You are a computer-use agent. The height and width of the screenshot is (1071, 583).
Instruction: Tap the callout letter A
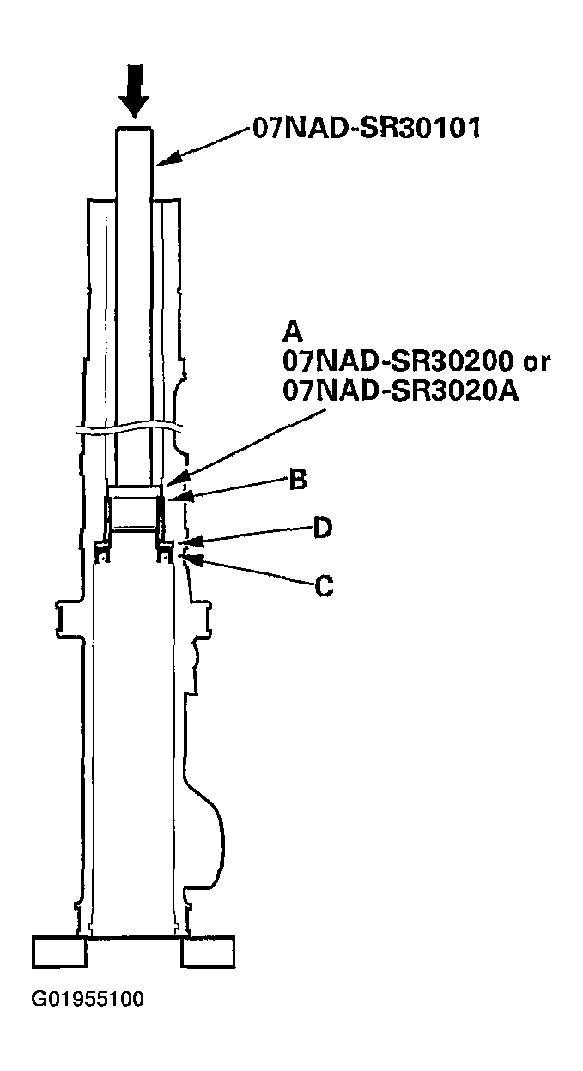click(292, 331)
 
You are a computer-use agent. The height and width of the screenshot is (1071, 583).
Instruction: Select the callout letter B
click(298, 479)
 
